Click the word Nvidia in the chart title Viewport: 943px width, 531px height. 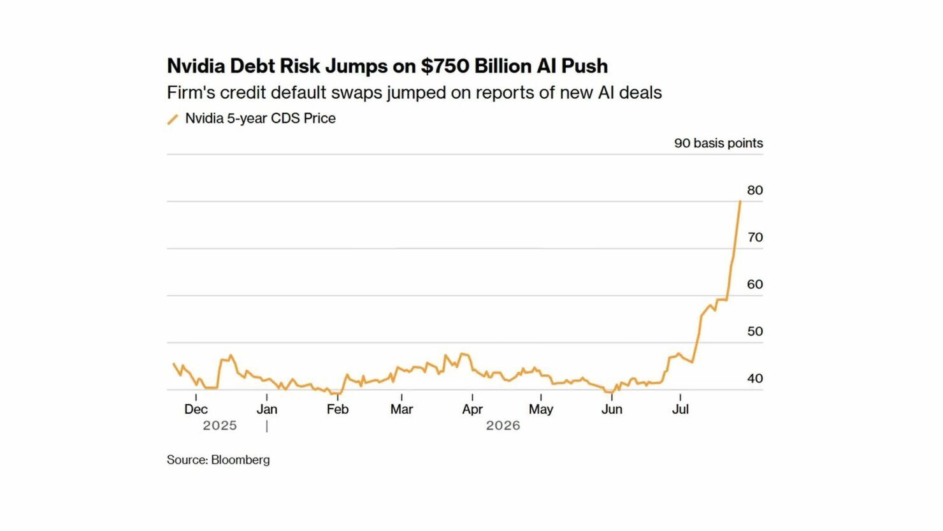pos(196,66)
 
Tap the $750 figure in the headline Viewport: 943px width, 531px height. pos(445,66)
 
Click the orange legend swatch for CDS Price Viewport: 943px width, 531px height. pos(173,119)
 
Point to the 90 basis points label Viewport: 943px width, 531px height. pos(718,143)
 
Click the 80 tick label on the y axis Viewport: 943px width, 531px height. pos(755,191)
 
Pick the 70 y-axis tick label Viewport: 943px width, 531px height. pos(755,238)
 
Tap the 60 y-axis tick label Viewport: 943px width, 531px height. pos(755,285)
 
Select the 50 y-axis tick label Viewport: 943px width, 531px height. pos(755,332)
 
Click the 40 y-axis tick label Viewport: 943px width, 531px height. pos(755,379)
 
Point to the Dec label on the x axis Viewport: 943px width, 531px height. pos(196,409)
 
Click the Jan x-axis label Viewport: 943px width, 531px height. pos(267,409)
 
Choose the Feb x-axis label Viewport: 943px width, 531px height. pos(338,409)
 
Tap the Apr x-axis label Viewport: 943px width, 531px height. pos(472,409)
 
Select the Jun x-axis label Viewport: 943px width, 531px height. pos(612,409)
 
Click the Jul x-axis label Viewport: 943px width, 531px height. pos(680,409)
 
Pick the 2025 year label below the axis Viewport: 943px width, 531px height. pos(220,426)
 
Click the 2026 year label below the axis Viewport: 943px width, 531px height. pos(503,426)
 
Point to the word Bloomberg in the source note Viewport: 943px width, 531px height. pos(240,460)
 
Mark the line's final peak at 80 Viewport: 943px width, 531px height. pos(740,201)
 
